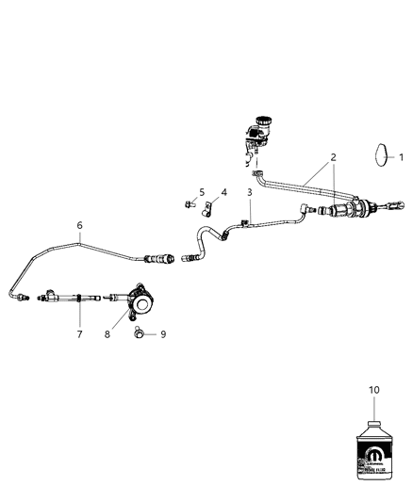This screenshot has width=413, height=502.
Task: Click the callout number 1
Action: pyautogui.click(x=400, y=157)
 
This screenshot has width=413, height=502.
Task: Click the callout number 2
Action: pyautogui.click(x=333, y=160)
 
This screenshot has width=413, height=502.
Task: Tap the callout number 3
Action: pyautogui.click(x=250, y=193)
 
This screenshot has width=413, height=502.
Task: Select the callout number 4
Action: pyautogui.click(x=223, y=192)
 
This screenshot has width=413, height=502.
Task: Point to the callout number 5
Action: pyautogui.click(x=202, y=192)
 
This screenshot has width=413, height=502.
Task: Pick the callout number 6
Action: pyautogui.click(x=79, y=225)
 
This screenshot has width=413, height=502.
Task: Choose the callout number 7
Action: pyautogui.click(x=79, y=333)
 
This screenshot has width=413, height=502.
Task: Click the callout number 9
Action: pyautogui.click(x=161, y=333)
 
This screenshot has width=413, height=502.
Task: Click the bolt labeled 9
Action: pyautogui.click(x=140, y=332)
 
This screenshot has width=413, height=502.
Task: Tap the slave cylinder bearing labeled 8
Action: pyautogui.click(x=140, y=302)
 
